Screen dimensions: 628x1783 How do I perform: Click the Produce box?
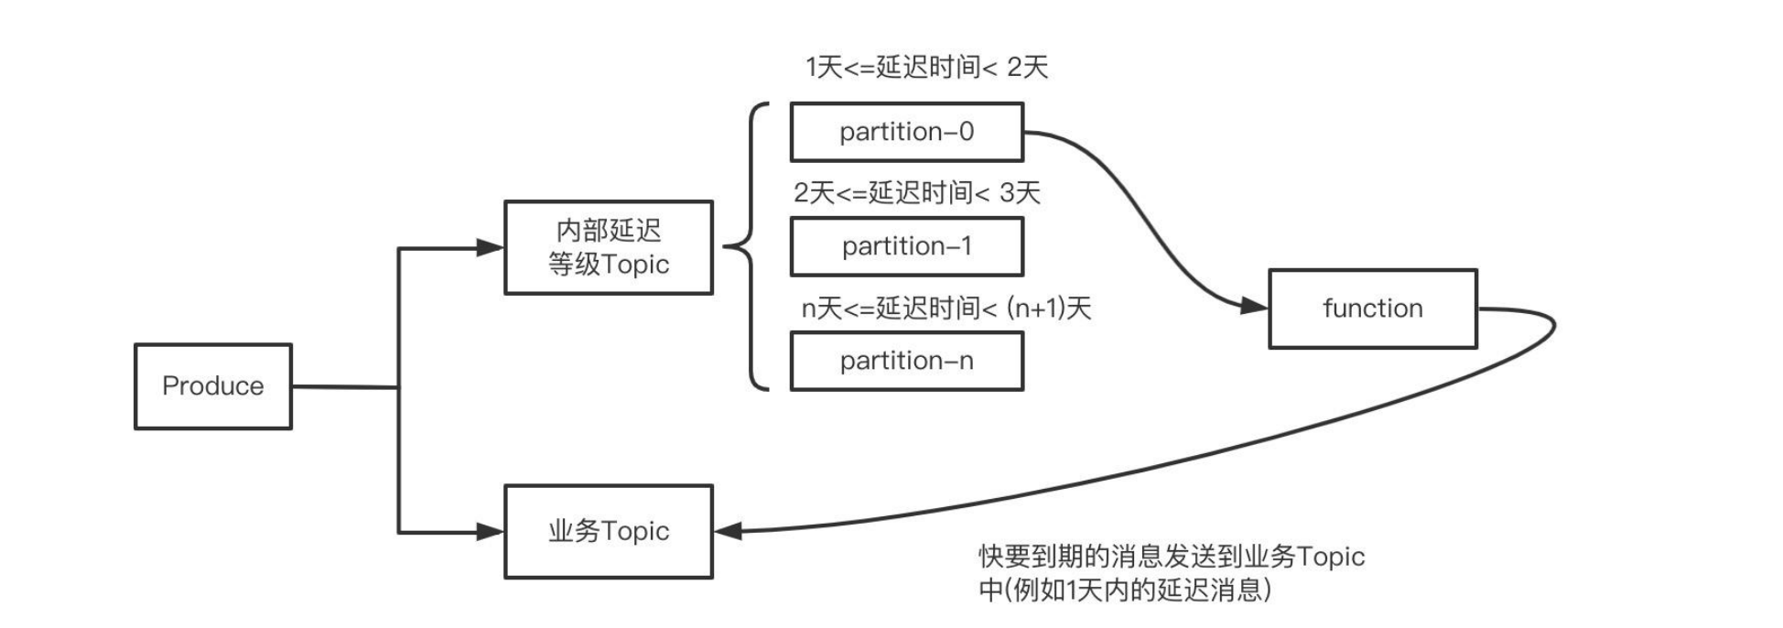[212, 385]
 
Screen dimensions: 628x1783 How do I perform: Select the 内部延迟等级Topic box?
[608, 247]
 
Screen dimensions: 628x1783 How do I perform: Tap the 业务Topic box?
[608, 531]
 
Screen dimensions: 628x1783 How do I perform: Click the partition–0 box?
[906, 132]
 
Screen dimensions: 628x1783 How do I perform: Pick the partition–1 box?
[906, 246]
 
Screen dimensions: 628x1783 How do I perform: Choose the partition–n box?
[906, 361]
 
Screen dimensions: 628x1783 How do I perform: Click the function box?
[1372, 309]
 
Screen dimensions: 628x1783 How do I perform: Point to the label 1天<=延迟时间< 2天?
[926, 67]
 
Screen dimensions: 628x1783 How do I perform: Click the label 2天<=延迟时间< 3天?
[916, 192]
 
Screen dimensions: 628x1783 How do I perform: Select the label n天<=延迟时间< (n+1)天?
[946, 308]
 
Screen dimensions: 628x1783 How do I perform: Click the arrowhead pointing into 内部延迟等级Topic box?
[491, 247]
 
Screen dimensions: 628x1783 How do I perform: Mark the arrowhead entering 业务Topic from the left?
[491, 531]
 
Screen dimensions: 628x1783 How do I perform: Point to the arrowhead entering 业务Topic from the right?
[729, 531]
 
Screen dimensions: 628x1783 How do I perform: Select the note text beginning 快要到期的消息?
[1171, 572]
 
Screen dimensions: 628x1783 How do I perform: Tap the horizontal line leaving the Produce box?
[344, 386]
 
